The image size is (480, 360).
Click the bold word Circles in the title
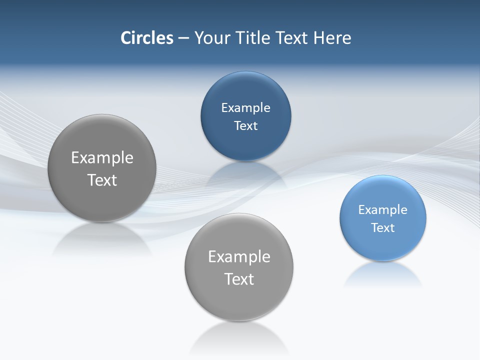click(x=146, y=38)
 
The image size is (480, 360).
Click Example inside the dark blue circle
click(x=245, y=107)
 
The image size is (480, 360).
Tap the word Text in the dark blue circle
click(x=245, y=125)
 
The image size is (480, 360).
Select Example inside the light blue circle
click(x=382, y=209)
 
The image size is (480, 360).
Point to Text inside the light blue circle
click(x=383, y=227)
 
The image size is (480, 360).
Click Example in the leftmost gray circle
click(x=102, y=157)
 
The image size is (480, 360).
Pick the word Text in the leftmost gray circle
click(x=102, y=180)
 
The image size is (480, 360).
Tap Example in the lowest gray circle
click(x=239, y=256)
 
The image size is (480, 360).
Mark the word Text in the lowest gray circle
click(x=239, y=279)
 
